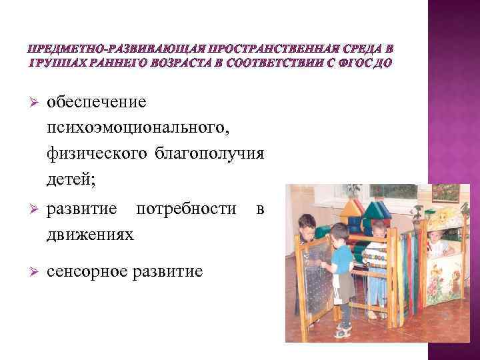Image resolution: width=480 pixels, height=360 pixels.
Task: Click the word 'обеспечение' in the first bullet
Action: click(x=97, y=102)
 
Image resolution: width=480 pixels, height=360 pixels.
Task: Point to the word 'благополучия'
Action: click(x=209, y=153)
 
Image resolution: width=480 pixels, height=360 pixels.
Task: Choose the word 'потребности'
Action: click(x=186, y=209)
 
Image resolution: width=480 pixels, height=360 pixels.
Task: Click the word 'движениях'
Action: click(x=90, y=234)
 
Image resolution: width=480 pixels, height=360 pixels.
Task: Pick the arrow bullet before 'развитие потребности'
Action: click(x=27, y=209)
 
